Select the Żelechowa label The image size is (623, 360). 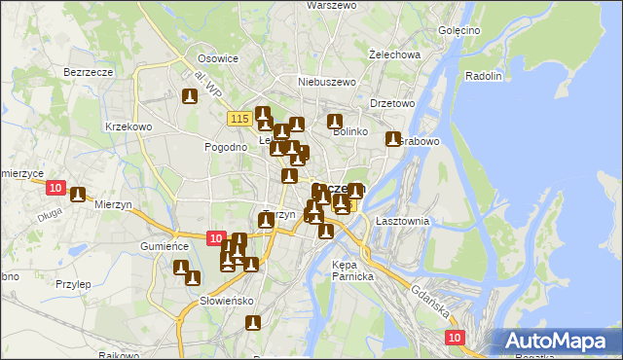coord(395,54)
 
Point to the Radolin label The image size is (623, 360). coord(484,76)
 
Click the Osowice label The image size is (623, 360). coord(218,58)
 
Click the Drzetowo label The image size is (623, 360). coord(392,102)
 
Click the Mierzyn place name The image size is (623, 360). coord(114,204)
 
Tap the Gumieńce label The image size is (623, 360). coord(163,247)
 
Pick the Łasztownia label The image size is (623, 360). coord(397,221)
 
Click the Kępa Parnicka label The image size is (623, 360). coord(352,270)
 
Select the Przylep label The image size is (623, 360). coord(73,284)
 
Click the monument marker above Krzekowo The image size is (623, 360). coord(190,96)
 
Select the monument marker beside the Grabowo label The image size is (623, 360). coord(393,139)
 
